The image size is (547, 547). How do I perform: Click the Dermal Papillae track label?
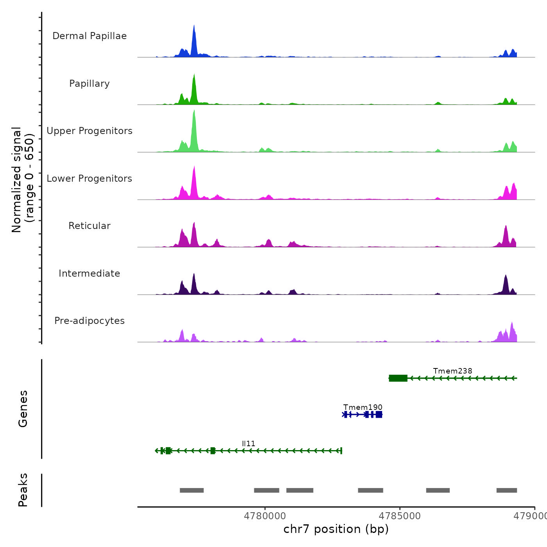pyautogui.click(x=89, y=36)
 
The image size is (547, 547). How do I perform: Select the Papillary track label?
pyautogui.click(x=89, y=84)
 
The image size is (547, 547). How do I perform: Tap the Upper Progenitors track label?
pyautogui.click(x=89, y=131)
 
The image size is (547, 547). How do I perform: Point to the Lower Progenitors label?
pyautogui.click(x=89, y=179)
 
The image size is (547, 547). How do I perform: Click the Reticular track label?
pyautogui.click(x=89, y=226)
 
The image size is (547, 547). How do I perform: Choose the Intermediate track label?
pyautogui.click(x=89, y=273)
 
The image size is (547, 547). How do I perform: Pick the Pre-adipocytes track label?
pyautogui.click(x=89, y=321)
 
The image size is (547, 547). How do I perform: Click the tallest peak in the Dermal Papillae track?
pyautogui.click(x=194, y=27)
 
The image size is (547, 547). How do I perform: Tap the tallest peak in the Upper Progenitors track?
pyautogui.click(x=194, y=113)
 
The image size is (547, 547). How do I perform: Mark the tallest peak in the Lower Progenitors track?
pyautogui.click(x=194, y=168)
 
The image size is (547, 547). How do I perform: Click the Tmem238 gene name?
pyautogui.click(x=452, y=371)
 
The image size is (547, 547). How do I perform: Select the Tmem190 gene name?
pyautogui.click(x=363, y=407)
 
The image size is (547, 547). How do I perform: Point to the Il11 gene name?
pyautogui.click(x=248, y=443)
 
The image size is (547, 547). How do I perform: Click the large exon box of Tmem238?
pyautogui.click(x=398, y=378)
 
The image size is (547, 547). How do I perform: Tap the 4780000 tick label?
pyautogui.click(x=265, y=516)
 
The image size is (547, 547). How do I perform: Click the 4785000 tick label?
pyautogui.click(x=400, y=516)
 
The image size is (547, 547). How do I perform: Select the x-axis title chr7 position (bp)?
pyautogui.click(x=336, y=529)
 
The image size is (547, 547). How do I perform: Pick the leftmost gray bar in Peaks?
pyautogui.click(x=192, y=490)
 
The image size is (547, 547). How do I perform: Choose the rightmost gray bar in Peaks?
pyautogui.click(x=507, y=490)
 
